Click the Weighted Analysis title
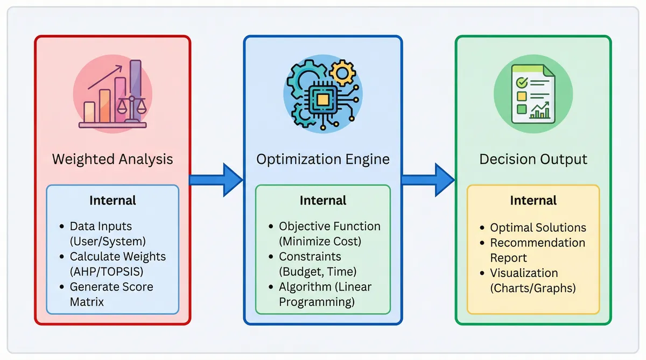pyautogui.click(x=113, y=159)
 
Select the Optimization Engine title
pyautogui.click(x=323, y=159)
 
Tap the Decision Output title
pyautogui.click(x=533, y=159)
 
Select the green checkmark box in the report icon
pyautogui.click(x=521, y=83)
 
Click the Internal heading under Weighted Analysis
pyautogui.click(x=113, y=201)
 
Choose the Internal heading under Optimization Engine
pyautogui.click(x=323, y=201)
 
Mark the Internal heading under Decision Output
pyautogui.click(x=533, y=201)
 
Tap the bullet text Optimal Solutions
pyautogui.click(x=538, y=228)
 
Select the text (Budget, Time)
pyautogui.click(x=318, y=271)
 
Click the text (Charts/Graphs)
pyautogui.click(x=533, y=288)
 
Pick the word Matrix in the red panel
pyautogui.click(x=87, y=302)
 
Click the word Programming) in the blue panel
pyautogui.click(x=317, y=302)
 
